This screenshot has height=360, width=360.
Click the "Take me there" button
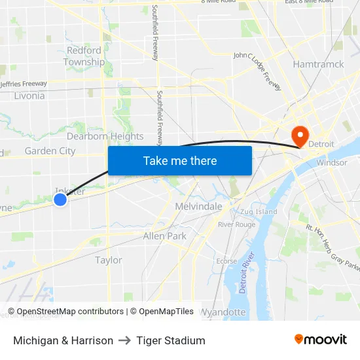tap(180, 160)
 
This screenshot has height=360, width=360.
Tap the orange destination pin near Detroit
tap(300, 135)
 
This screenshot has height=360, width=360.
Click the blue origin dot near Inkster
tap(60, 199)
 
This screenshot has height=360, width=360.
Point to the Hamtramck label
tap(319, 65)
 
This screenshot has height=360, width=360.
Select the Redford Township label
tap(84, 56)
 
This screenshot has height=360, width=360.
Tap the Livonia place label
tap(29, 96)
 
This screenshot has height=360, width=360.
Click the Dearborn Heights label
tap(105, 136)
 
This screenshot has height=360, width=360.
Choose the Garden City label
tap(50, 151)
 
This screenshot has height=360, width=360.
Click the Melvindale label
tap(199, 206)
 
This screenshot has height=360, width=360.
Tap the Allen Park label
tap(165, 236)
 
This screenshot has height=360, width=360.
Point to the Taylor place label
tap(109, 260)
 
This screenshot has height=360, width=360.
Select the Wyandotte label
tap(222, 312)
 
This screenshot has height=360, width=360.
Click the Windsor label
tap(331, 162)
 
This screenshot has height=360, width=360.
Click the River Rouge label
tap(237, 225)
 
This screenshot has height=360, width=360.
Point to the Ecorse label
tap(226, 261)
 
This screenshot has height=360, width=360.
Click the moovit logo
tap(320, 340)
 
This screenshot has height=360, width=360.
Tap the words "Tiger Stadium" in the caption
tap(171, 340)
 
